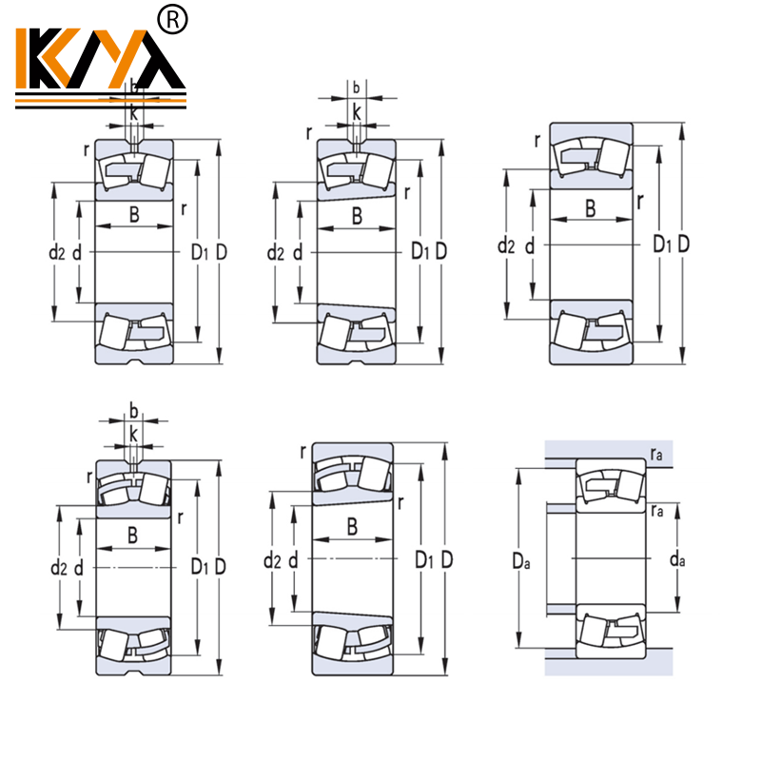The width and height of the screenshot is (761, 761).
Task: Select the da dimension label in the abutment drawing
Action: tap(677, 560)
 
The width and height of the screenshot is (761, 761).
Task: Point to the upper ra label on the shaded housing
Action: tap(657, 457)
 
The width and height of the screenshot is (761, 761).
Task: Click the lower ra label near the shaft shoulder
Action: tap(657, 512)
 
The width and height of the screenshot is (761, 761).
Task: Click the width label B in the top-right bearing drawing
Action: tap(591, 208)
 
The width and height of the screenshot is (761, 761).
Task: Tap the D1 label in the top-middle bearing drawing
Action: tap(420, 252)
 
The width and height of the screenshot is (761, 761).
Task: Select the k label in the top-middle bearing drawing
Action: tap(357, 112)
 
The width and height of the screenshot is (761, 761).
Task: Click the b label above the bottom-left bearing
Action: tap(133, 412)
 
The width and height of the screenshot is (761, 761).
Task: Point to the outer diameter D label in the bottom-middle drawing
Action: tap(447, 559)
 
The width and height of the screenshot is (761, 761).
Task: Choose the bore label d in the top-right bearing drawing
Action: tap(530, 246)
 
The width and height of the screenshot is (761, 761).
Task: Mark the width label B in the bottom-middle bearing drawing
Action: tap(352, 526)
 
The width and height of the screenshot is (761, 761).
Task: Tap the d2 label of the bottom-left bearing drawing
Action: tap(58, 568)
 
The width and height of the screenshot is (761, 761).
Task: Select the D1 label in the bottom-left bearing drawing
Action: tap(200, 567)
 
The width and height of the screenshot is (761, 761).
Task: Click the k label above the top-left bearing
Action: tap(134, 112)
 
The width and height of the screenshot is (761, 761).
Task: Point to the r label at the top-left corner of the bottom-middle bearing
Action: tap(302, 451)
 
